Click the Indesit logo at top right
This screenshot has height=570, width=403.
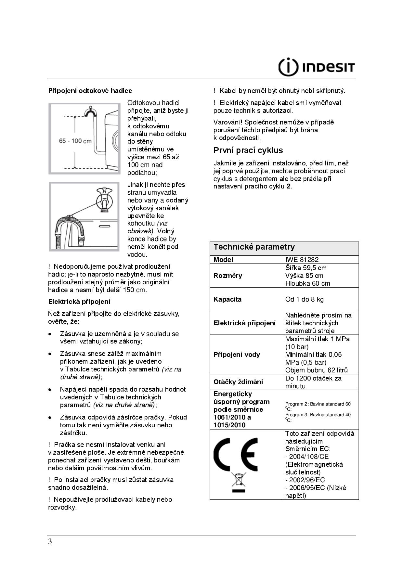[x=317, y=67]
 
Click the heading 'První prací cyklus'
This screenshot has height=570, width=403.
[x=248, y=150]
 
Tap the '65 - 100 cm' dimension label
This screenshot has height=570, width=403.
[x=75, y=141]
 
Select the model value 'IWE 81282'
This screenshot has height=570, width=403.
[x=302, y=260]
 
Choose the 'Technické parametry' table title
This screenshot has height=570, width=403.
[x=254, y=247]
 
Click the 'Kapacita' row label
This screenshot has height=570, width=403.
[x=227, y=299]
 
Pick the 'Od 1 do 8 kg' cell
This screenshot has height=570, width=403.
[x=304, y=299]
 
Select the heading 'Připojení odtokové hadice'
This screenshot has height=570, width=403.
[x=90, y=91]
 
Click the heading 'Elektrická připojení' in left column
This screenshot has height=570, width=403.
[x=79, y=302]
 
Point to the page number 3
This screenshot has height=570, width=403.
[x=50, y=542]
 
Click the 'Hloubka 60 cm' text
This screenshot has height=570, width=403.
[x=307, y=283]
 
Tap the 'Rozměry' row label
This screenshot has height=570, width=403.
[x=227, y=276]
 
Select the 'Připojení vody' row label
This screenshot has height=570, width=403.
[x=237, y=355]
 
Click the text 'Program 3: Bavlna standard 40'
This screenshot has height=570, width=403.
[x=318, y=415]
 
